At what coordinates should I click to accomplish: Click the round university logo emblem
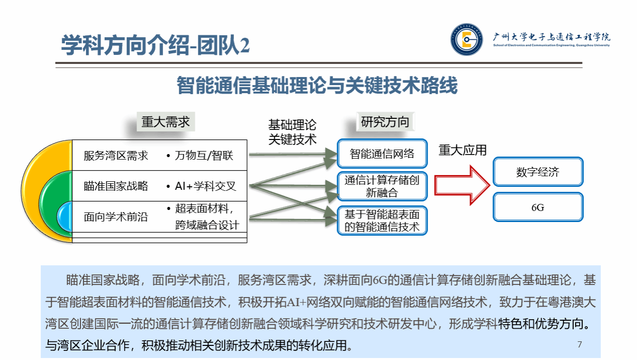point(466,39)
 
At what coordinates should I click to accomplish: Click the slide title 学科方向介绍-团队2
point(155,46)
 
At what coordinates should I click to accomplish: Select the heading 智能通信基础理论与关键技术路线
point(317,86)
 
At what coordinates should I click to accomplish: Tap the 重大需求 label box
point(166,122)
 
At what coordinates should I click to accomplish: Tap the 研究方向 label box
point(385,122)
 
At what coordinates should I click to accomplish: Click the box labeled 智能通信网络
point(382,154)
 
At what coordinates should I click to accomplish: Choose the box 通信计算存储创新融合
point(382,186)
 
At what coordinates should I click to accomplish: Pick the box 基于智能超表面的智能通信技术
point(382,221)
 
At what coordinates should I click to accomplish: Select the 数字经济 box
point(538,172)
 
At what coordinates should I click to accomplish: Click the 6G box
point(538,207)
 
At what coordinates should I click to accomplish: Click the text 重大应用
point(462,150)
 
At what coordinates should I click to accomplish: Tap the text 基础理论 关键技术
point(292,132)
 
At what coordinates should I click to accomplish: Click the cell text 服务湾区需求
point(116,156)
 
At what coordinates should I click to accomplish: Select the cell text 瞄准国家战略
point(116,186)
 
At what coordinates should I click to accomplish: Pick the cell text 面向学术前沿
point(116,218)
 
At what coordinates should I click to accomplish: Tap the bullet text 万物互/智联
point(204,156)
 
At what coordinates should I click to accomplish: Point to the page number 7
point(580,344)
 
